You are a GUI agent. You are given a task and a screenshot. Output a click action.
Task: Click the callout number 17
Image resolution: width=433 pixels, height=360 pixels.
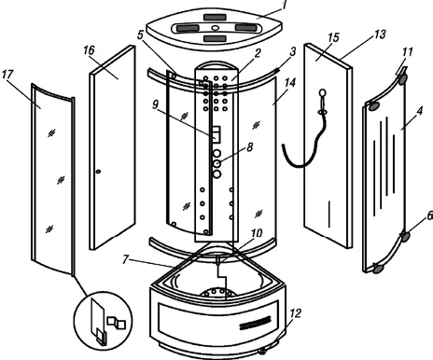click(x=7, y=75)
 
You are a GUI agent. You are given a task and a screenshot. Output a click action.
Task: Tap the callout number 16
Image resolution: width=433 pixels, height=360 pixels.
click(x=89, y=50)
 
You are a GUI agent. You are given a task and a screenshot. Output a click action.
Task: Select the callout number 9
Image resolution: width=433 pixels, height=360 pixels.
click(x=155, y=104)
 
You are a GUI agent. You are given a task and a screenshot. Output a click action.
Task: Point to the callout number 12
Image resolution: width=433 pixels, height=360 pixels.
click(x=295, y=313)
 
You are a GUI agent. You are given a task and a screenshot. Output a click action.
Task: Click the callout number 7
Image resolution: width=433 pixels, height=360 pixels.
click(x=125, y=259)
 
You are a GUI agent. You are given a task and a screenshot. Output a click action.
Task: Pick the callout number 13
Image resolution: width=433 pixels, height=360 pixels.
click(x=380, y=35)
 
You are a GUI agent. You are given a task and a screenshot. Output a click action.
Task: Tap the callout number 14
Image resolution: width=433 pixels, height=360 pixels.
click(x=290, y=83)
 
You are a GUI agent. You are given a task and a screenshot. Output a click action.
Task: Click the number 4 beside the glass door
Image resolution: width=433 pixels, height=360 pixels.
click(x=420, y=111)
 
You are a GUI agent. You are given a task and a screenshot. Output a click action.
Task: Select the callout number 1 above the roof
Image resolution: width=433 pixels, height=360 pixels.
click(x=284, y=6)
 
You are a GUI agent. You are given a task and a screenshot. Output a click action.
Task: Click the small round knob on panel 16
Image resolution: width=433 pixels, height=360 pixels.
click(x=98, y=172)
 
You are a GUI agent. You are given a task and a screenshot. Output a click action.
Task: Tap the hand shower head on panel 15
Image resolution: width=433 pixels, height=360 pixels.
click(x=323, y=92)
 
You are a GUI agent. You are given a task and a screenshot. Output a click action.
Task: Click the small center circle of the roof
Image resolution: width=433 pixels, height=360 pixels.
click(x=215, y=28)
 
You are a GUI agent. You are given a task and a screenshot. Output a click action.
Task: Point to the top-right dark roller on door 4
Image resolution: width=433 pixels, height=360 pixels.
click(x=402, y=79)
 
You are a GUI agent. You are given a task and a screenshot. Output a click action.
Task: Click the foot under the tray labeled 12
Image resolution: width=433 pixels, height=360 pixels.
click(x=263, y=351)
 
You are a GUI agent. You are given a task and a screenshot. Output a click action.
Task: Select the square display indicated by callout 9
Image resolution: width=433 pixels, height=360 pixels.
click(x=216, y=134)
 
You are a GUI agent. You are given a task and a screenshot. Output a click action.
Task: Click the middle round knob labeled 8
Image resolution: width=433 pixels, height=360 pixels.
click(x=217, y=163)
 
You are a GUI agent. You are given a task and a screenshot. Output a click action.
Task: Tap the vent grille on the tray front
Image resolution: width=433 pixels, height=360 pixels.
click(x=255, y=323)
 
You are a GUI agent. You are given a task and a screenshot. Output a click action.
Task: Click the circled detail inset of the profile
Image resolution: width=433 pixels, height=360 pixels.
click(x=103, y=321)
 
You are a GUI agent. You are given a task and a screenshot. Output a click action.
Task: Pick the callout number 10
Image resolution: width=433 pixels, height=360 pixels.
click(x=257, y=232)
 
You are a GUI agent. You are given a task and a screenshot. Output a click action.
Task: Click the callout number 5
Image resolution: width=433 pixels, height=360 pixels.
click(x=140, y=35)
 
